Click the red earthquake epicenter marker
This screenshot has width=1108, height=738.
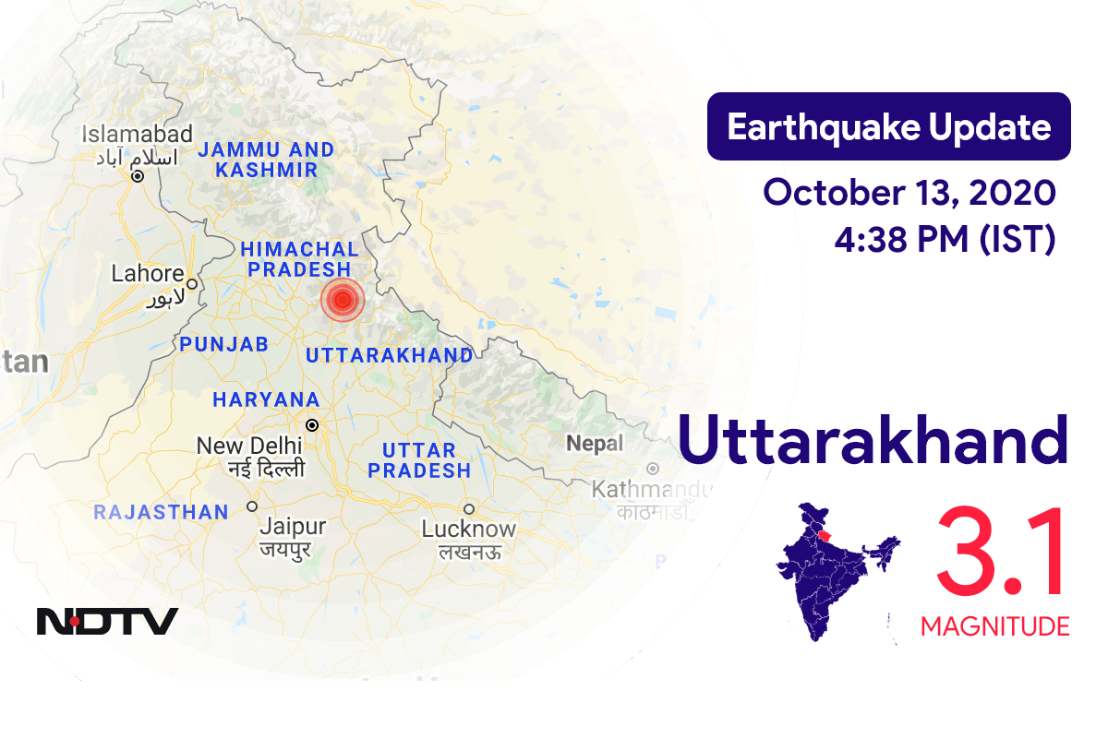[x=343, y=300]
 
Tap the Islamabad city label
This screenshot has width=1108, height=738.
[x=137, y=135]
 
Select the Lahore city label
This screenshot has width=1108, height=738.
[x=148, y=274]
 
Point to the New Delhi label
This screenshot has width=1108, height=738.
[x=249, y=446]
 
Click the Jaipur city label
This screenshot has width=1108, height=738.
[x=293, y=527]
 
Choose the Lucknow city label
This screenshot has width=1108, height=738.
[x=469, y=530]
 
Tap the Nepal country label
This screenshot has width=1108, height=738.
[x=595, y=444]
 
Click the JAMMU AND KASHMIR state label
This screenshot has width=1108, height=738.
[x=266, y=160]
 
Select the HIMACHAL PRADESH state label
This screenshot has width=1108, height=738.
[x=299, y=259]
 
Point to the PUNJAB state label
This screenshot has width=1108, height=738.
[x=225, y=344]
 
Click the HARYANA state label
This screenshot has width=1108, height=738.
[x=266, y=400]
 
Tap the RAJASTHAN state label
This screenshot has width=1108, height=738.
[x=161, y=512]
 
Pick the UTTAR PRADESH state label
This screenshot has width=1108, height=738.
[x=419, y=460]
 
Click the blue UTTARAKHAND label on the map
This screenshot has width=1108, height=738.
[x=389, y=355]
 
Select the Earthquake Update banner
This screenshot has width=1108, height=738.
[x=888, y=127]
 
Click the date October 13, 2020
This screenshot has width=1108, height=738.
[x=909, y=193]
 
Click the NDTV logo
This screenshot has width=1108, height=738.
[x=107, y=621]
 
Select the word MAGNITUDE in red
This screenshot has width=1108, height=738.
[x=994, y=626]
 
